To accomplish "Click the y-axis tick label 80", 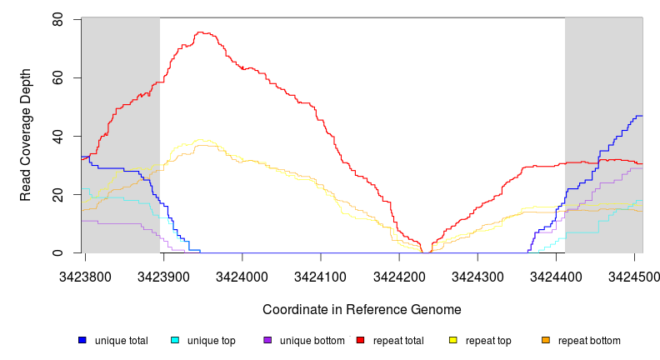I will pos(57,19).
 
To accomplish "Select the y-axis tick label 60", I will pos(57,77).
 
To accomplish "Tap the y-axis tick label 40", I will pos(57,136).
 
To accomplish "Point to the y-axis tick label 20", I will pos(57,194).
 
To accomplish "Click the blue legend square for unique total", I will pos(82,341).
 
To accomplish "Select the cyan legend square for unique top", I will pos(175,341).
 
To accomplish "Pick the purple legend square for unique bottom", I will pos(267,341).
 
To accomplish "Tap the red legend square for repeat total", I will pos(360,341).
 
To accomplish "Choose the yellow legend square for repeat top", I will pos(453,341).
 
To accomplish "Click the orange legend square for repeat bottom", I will pos(546,341).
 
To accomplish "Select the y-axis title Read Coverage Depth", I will pos(26,136).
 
